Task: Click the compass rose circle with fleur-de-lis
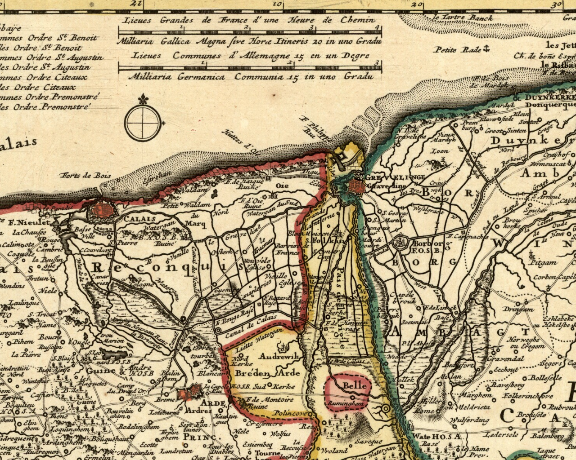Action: click(x=143, y=121)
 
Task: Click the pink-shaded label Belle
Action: click(x=354, y=385)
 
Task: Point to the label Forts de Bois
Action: click(x=85, y=176)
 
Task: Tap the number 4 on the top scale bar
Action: click(x=381, y=27)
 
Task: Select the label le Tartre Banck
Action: click(x=462, y=18)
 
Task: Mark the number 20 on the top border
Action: click(x=417, y=4)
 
